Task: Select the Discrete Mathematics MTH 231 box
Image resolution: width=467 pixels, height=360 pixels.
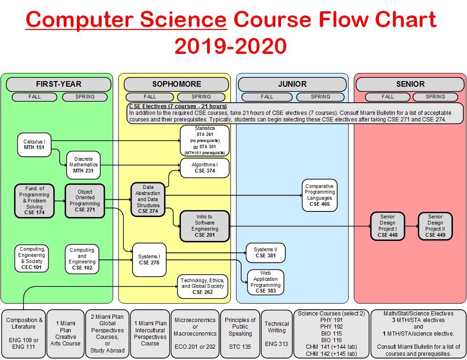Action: [83, 165]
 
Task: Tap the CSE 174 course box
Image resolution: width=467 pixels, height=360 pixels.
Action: [34, 200]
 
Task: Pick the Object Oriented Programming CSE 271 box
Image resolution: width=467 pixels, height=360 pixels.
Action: [84, 201]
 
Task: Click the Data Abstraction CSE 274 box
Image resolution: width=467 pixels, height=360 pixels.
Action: [148, 199]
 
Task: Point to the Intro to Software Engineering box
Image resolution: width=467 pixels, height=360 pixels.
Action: [205, 226]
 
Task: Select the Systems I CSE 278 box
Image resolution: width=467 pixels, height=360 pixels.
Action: [149, 259]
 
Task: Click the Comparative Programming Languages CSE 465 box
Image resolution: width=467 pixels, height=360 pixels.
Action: [319, 195]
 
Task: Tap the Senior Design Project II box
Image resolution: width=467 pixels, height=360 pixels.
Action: [435, 226]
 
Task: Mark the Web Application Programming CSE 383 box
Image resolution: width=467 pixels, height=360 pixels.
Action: [265, 282]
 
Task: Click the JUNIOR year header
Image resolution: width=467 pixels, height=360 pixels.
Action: [292, 84]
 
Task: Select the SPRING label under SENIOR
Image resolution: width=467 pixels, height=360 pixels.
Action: [435, 97]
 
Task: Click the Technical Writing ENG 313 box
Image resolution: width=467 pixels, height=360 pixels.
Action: [276, 333]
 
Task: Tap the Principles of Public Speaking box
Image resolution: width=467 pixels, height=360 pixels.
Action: [240, 333]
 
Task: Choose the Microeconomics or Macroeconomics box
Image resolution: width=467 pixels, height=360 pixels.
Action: [195, 333]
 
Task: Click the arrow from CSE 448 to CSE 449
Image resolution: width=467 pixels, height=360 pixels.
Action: [411, 226]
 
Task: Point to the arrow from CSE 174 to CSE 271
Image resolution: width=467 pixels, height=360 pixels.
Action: [59, 201]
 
